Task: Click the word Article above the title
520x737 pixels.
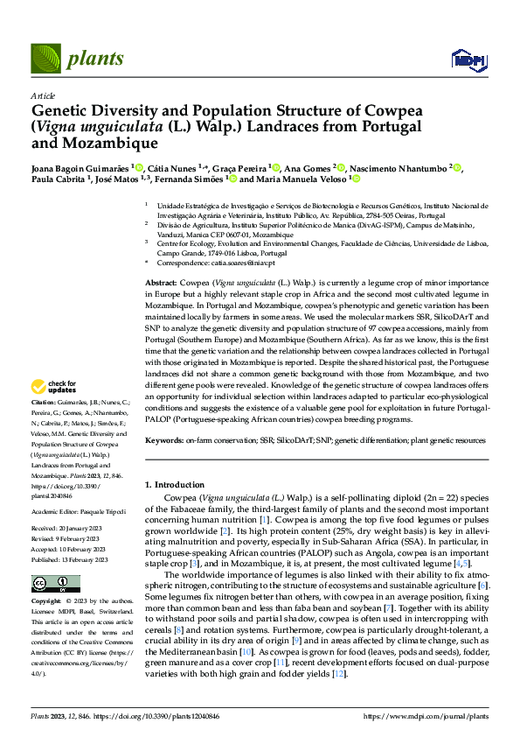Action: tap(42, 95)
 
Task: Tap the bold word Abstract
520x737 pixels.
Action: tap(161, 284)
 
